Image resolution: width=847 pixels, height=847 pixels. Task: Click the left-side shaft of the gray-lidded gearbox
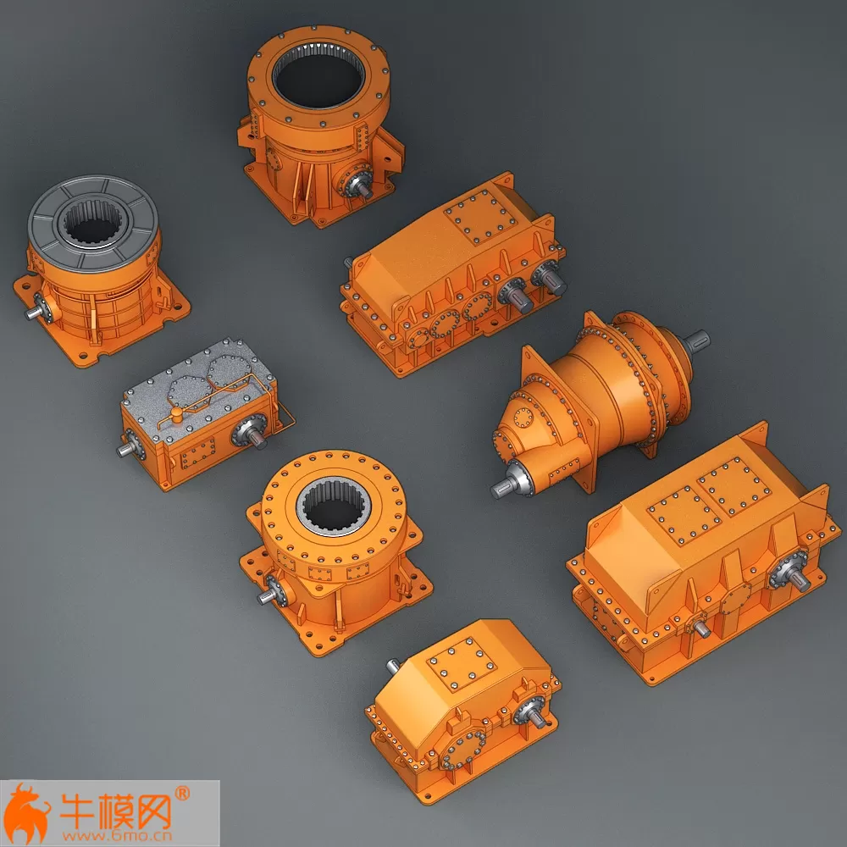pos(125,446)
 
